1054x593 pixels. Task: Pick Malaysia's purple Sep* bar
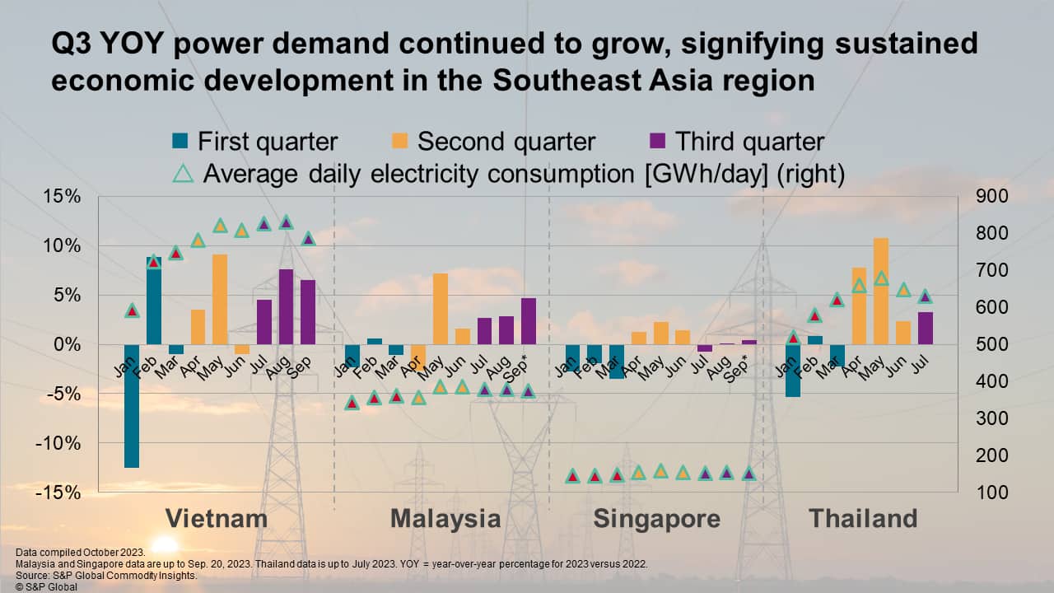(529, 321)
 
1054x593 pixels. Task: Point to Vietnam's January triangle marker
(132, 311)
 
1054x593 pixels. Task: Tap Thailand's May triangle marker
(881, 278)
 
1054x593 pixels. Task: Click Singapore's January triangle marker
(572, 476)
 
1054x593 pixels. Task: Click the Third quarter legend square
(657, 141)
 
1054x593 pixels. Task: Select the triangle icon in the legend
(183, 175)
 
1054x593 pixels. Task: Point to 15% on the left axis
(63, 197)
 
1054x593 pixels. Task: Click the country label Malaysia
(445, 518)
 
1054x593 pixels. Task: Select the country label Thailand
(862, 518)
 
